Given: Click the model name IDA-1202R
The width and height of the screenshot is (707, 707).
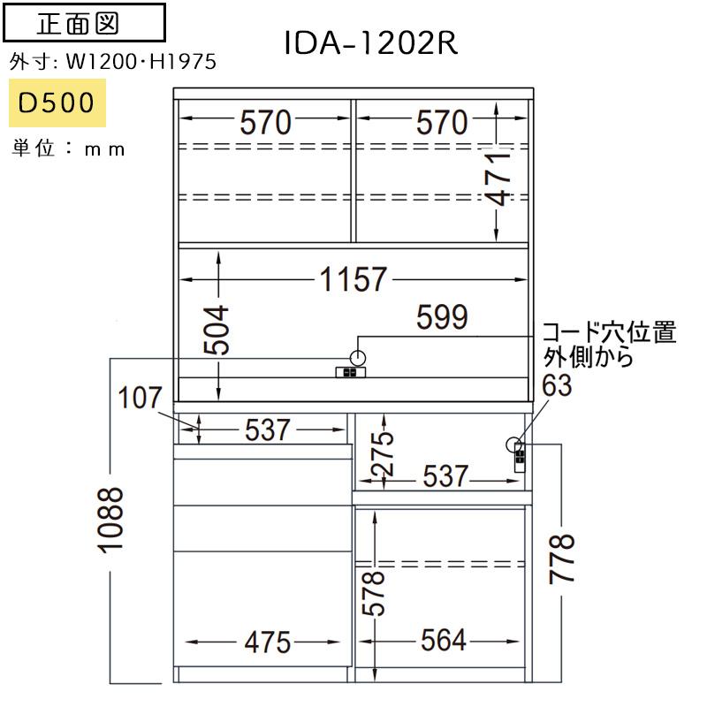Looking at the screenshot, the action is [x=370, y=43].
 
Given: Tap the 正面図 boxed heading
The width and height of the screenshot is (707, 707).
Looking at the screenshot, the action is [x=84, y=23].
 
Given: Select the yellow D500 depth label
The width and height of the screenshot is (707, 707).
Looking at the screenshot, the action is [x=57, y=103].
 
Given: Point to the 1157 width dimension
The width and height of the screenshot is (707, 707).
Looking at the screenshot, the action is [x=353, y=279].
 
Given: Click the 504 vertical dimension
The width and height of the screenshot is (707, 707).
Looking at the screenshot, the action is [x=217, y=330].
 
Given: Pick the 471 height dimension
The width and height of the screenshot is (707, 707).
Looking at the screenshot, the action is [x=498, y=179].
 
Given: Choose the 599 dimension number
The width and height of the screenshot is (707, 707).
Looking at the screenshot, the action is [x=442, y=317].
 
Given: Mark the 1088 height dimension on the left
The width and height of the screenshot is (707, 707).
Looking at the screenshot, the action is [x=110, y=520].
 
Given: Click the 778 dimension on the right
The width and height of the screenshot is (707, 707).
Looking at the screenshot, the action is [x=561, y=559].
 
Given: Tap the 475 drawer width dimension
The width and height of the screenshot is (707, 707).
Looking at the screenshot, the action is [x=268, y=642].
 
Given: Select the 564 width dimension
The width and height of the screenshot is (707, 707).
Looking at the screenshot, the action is [x=444, y=640].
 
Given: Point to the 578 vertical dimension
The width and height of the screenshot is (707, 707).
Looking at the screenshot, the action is [x=373, y=593].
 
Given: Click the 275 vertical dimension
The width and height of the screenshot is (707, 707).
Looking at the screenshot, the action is [x=382, y=453].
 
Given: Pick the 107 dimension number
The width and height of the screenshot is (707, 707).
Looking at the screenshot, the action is [x=140, y=398].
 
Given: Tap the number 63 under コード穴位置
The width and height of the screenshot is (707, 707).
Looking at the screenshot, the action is [x=557, y=385].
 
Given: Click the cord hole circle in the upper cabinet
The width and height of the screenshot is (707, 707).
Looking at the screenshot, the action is [x=358, y=359].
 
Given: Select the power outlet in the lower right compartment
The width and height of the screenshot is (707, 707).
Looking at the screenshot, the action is [x=520, y=458].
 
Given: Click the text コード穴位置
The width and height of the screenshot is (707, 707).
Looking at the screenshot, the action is [x=609, y=332].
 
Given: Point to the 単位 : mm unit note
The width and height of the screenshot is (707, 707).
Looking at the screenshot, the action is [x=68, y=148].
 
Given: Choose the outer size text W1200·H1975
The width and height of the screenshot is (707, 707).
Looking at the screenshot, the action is [x=141, y=61].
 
